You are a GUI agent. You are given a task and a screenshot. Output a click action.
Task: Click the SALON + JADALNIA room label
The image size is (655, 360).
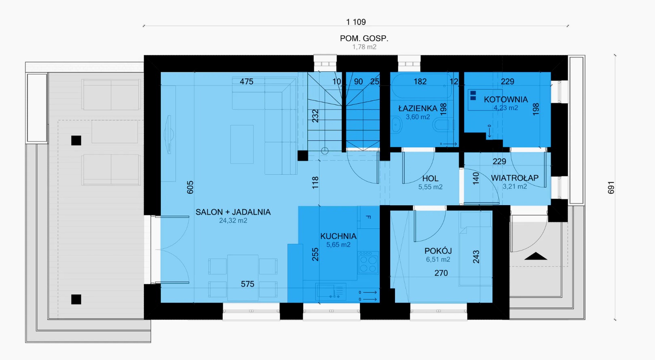point(233,212)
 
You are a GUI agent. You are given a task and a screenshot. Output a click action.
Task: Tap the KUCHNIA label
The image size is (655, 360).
point(338,236)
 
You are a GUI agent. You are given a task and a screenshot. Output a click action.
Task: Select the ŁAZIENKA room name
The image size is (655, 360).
point(418,108)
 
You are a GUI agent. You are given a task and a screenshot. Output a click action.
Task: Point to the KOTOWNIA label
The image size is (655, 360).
point(506,100)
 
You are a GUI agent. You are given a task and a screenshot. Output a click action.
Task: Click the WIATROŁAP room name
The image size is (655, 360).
point(515,178)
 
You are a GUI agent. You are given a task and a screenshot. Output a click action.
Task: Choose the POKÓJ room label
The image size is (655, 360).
point(438,251)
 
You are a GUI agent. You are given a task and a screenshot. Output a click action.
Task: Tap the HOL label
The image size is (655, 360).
point(430,178)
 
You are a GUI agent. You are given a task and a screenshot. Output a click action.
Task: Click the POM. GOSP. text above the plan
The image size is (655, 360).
point(364,38)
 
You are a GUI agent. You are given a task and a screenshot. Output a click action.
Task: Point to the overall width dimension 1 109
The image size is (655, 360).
point(356,22)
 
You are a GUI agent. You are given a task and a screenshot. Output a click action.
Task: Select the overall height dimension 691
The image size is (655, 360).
point(611,187)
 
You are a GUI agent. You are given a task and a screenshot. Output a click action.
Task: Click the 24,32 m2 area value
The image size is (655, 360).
point(233,220)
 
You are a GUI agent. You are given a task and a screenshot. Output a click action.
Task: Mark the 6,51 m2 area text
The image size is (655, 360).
point(438,259)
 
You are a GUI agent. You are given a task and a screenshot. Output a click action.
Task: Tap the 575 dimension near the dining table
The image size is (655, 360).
point(247,284)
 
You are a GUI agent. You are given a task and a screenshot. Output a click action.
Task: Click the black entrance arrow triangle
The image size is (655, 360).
point(535,256)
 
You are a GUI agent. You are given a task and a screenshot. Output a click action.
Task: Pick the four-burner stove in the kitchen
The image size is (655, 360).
point(368,263)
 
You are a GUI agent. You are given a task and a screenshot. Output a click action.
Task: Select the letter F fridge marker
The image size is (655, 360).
point(368,217)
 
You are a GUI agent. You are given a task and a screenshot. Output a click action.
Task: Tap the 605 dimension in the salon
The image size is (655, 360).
point(190,187)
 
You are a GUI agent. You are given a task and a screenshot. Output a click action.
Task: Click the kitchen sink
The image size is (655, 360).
point(331,292)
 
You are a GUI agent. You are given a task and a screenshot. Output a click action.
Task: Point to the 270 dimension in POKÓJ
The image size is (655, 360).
point(441,273)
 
